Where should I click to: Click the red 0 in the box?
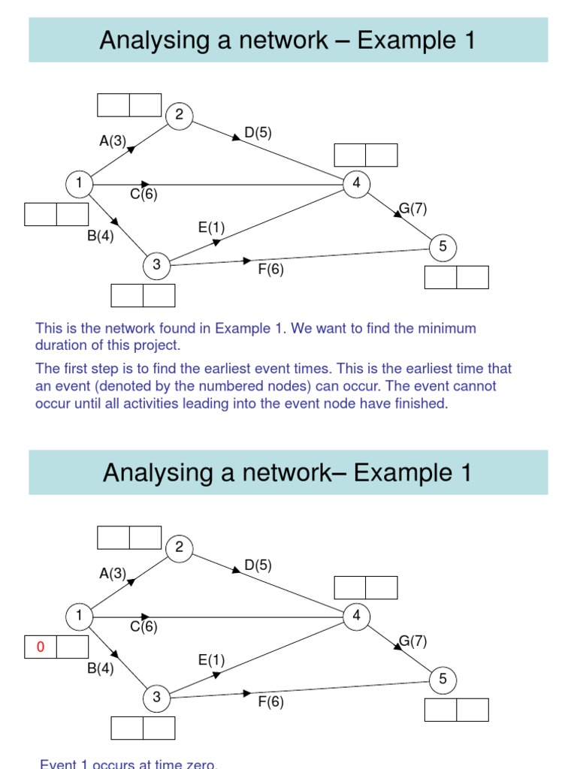coord(41,647)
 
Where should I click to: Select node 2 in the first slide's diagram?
coord(180,115)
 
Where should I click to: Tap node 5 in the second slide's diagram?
coord(443,679)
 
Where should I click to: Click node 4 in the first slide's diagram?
coord(356,183)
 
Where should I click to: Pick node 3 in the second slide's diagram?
coord(156,697)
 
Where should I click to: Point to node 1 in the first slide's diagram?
coord(78,183)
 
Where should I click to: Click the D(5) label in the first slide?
coord(258,133)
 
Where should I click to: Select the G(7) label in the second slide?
coord(412,641)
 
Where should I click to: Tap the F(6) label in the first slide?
coord(270,269)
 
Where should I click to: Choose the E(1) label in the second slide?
coord(211,660)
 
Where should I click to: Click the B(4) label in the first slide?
coord(100,237)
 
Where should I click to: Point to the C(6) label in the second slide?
coord(143,626)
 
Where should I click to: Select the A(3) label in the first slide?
coord(113,140)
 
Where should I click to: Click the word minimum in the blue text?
coord(448,329)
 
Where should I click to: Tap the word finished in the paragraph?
coord(419,404)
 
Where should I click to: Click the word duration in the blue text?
coord(59,346)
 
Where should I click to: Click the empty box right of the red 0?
coord(73,647)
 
